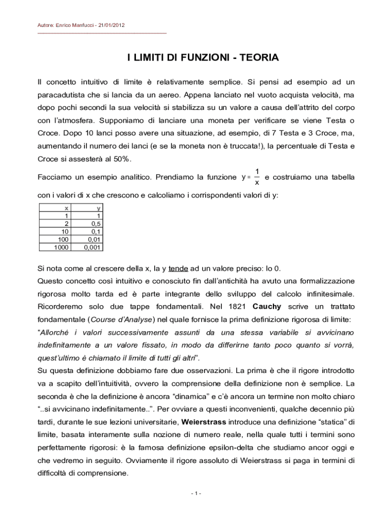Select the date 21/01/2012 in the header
pos(114,25)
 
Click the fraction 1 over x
pos(257,177)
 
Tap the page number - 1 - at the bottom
pos(196,494)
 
